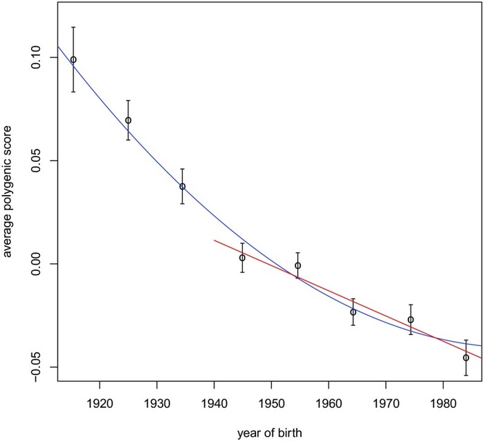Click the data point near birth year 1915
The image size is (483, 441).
point(73,60)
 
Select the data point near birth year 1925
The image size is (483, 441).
point(128,120)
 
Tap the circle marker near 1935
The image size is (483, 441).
point(182,187)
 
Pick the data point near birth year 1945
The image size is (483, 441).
point(242,258)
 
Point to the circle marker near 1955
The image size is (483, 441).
point(298,265)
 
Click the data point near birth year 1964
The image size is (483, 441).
point(353,312)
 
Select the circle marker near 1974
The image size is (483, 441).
point(411,320)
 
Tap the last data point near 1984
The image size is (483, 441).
point(466,358)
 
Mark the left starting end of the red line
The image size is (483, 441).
point(215,240)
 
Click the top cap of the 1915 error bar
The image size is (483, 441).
point(73,27)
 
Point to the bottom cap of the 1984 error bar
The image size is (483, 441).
point(466,375)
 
